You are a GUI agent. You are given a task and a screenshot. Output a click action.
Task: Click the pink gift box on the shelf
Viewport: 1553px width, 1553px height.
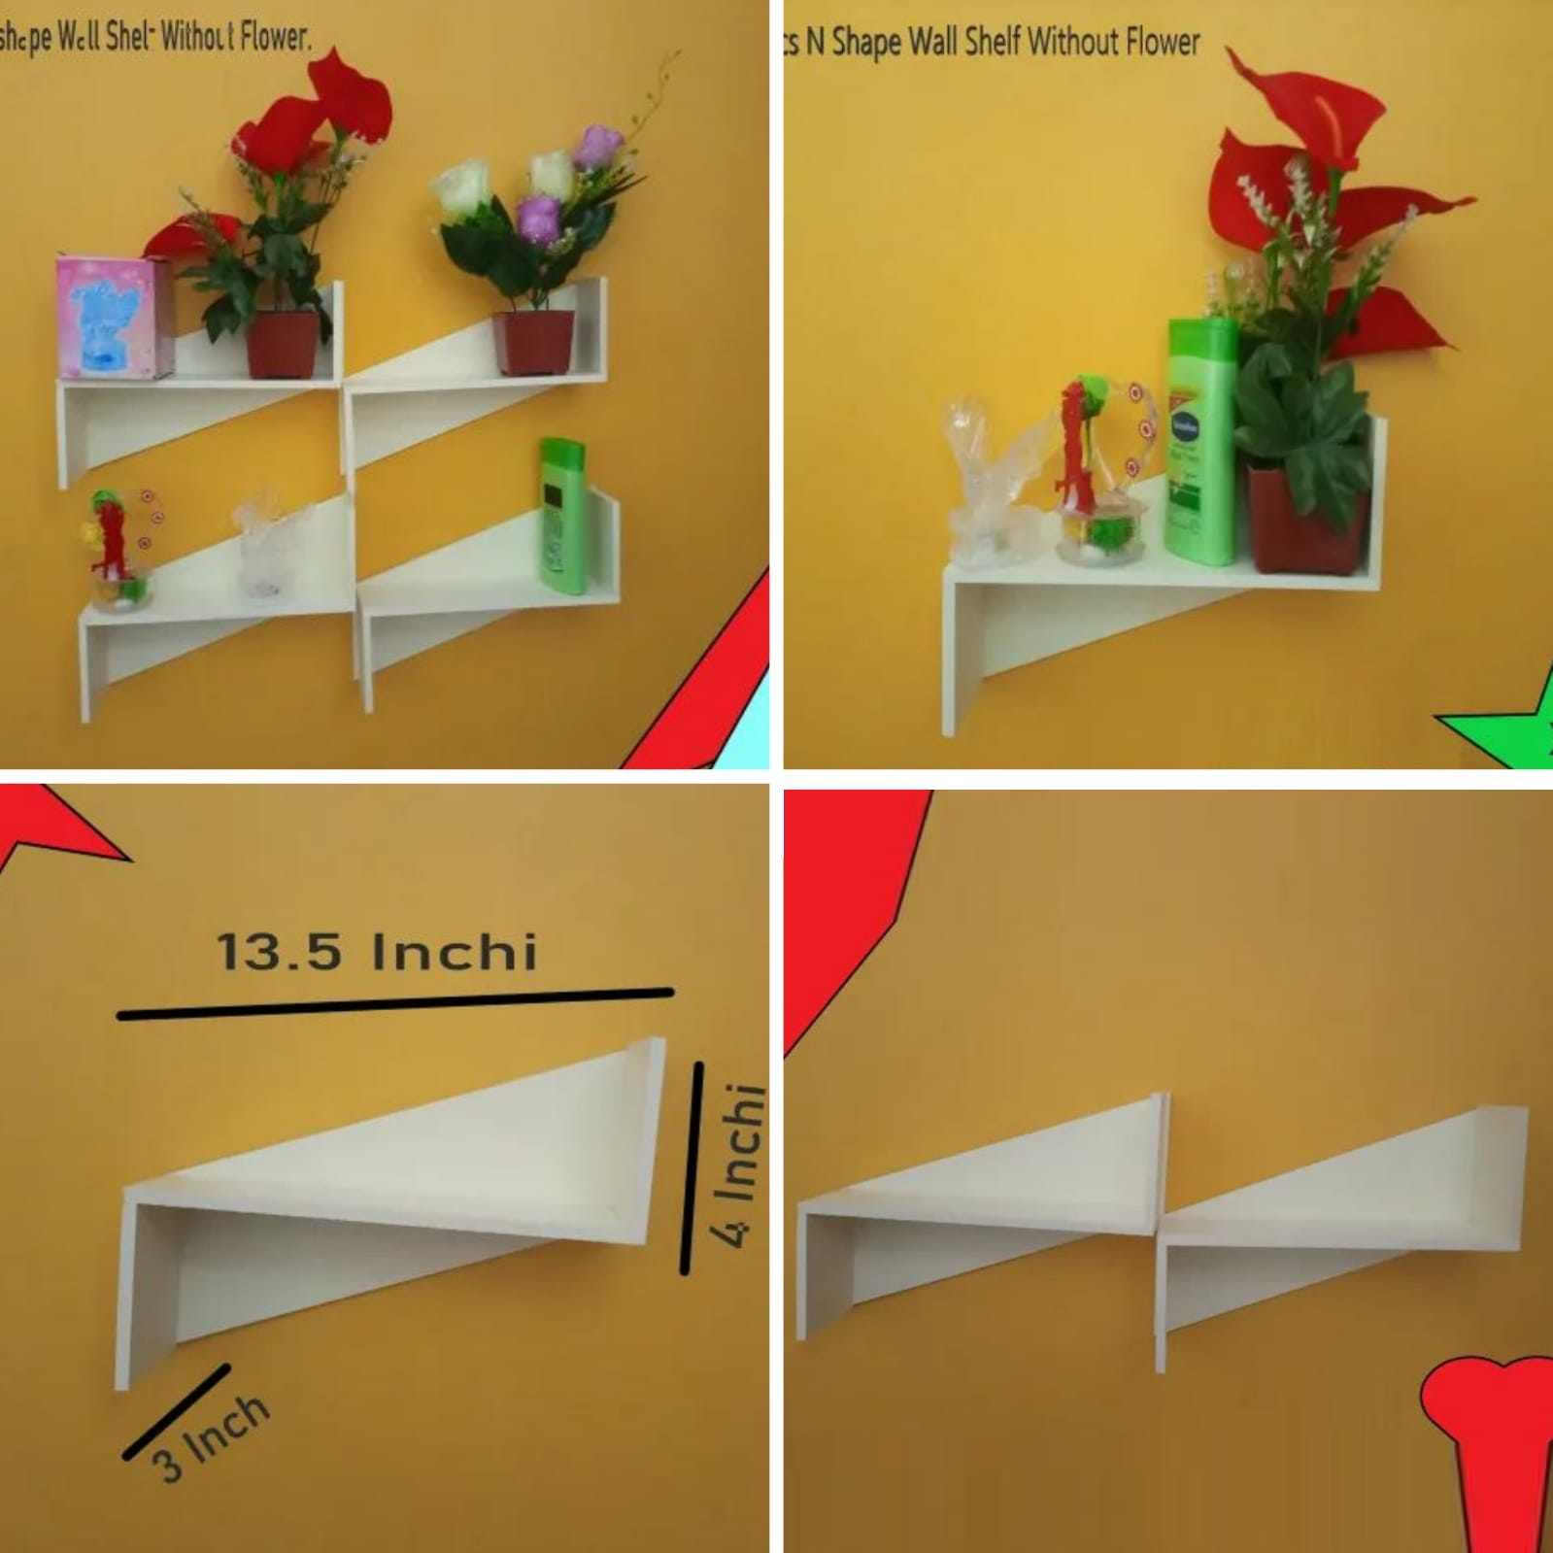coord(110,318)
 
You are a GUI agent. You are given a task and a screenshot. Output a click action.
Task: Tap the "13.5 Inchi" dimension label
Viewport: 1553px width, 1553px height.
coord(377,952)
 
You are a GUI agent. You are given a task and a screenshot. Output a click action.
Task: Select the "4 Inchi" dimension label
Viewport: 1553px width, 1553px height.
coord(737,1165)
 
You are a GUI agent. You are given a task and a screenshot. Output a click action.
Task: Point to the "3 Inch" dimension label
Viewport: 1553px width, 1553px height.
coord(210,1437)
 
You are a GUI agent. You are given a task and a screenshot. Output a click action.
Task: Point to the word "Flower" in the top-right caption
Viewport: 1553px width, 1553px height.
coord(1163,42)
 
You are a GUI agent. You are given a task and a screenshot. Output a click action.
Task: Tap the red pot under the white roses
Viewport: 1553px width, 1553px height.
coord(531,341)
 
